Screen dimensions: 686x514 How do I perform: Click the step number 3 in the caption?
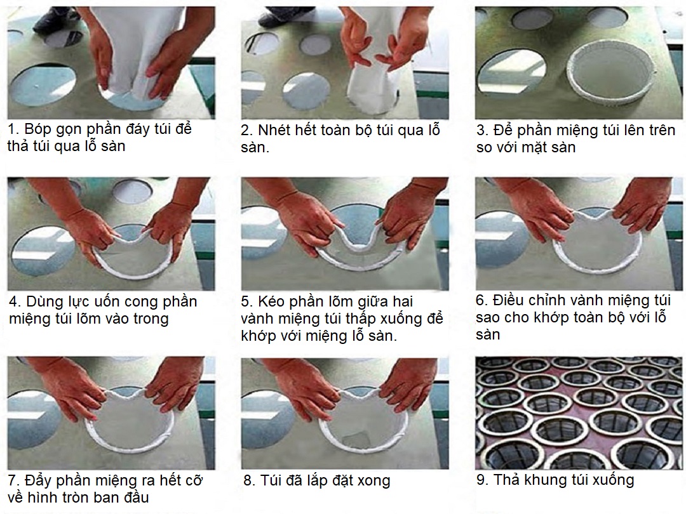point(483,130)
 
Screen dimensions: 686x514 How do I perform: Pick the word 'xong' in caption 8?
point(373,481)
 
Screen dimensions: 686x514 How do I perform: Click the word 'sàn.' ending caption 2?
point(255,148)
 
